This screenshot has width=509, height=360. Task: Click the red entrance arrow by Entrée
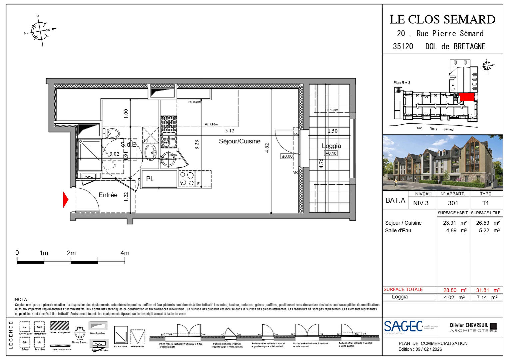click(x=66, y=200)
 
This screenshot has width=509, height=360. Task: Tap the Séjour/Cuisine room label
click(x=240, y=141)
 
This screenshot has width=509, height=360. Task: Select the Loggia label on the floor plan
click(x=331, y=146)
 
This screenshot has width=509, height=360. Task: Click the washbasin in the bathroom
click(x=151, y=152)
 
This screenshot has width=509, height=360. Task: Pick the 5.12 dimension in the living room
click(x=230, y=131)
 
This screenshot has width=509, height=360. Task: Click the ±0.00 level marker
click(x=287, y=156)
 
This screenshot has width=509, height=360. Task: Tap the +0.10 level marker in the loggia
click(x=331, y=153)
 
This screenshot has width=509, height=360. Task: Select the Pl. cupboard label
click(x=150, y=179)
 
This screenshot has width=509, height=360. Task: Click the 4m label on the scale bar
click(x=125, y=253)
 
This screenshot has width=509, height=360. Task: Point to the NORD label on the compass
click(x=47, y=30)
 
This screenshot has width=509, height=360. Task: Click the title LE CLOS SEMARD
click(x=442, y=19)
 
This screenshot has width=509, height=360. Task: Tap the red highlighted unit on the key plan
click(x=466, y=97)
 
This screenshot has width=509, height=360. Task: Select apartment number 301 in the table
click(x=453, y=203)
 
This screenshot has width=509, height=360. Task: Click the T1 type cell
click(x=485, y=203)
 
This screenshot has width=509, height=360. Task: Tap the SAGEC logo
click(x=403, y=327)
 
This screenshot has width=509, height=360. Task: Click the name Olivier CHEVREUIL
click(x=469, y=325)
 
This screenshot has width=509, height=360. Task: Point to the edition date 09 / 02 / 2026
click(x=428, y=349)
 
